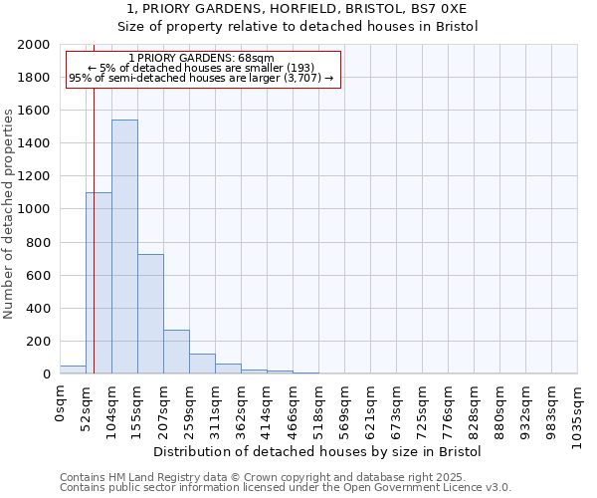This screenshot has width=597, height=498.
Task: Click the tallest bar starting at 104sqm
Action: [x=124, y=247]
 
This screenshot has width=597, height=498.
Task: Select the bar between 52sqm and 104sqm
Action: [x=99, y=283]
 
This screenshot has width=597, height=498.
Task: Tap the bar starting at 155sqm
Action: [x=150, y=314]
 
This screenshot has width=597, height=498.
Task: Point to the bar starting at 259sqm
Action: [x=202, y=364]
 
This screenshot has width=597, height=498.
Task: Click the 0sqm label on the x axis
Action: [x=61, y=404]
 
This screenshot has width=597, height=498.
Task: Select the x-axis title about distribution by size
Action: [x=318, y=451]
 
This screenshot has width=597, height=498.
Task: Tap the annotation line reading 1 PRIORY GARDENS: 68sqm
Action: [x=202, y=59]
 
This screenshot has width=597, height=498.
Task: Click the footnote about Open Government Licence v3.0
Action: [x=286, y=487]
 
